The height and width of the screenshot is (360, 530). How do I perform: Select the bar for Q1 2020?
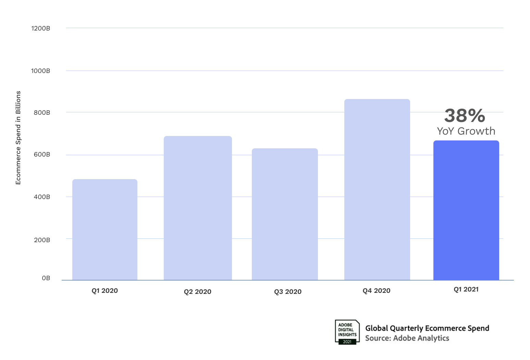(105, 229)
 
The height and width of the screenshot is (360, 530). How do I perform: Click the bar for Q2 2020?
(198, 208)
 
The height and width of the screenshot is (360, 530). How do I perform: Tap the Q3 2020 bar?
(285, 214)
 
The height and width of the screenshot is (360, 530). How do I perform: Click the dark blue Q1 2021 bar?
(466, 210)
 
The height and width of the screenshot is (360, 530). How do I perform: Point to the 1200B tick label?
(41, 28)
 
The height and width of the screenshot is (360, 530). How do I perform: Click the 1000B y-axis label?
(41, 71)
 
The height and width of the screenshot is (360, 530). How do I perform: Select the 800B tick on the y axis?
(42, 113)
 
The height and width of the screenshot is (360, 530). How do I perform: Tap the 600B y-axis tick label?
(42, 154)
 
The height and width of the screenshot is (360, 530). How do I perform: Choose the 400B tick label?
(42, 197)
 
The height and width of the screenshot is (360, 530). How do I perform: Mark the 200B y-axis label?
(42, 240)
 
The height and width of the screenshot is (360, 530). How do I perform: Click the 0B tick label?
(46, 278)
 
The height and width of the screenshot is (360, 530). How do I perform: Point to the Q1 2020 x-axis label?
(104, 291)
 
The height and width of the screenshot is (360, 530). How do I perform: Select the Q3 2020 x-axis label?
(288, 292)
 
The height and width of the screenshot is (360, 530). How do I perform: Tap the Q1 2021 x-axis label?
(466, 289)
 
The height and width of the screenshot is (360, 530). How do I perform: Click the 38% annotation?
(465, 116)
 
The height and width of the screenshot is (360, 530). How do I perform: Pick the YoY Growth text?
(466, 131)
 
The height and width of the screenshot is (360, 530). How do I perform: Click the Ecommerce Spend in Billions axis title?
(18, 138)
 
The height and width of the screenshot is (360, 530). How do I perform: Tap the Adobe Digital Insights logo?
(347, 332)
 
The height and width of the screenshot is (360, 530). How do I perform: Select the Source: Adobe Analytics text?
(407, 338)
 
